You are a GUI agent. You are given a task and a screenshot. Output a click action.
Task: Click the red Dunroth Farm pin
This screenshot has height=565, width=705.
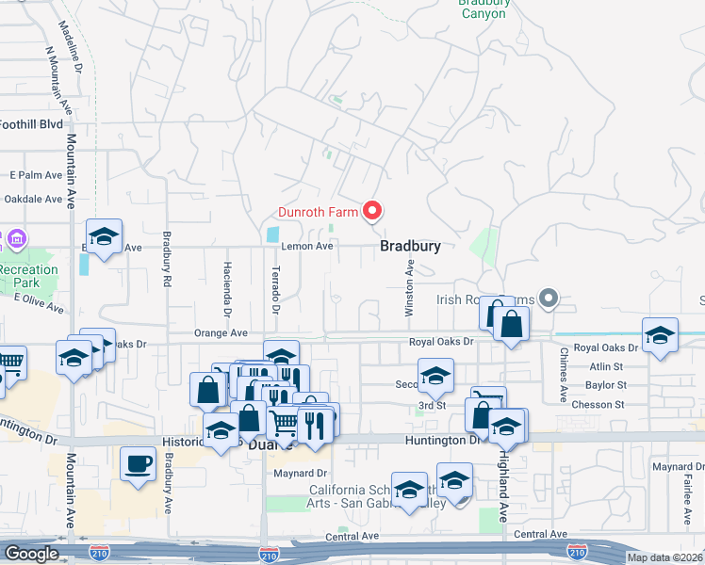click(x=371, y=212)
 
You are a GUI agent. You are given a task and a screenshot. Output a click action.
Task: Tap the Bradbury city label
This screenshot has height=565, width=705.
click(x=410, y=246)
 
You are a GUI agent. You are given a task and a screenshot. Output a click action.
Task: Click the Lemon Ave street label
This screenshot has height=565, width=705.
click(x=307, y=247)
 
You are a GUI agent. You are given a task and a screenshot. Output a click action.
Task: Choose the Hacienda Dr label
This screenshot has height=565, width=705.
click(x=227, y=288)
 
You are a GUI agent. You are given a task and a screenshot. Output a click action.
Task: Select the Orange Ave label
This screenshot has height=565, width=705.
click(x=220, y=333)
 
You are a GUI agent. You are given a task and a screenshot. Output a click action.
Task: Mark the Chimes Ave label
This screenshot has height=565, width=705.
click(x=564, y=376)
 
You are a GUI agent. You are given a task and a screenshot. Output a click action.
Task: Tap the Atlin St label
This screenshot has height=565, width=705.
click(x=605, y=366)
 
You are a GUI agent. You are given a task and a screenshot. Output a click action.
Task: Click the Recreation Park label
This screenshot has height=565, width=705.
click(x=28, y=276)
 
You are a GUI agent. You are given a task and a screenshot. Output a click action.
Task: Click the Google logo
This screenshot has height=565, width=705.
click(x=30, y=554)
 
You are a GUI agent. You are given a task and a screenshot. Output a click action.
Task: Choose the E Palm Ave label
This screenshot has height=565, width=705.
click(x=36, y=175)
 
